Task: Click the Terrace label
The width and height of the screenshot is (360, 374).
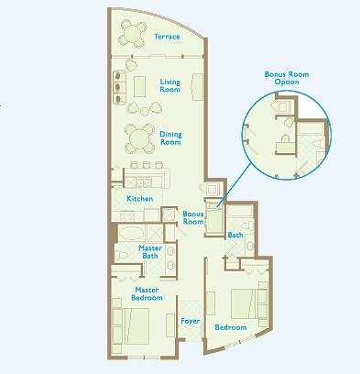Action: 167,37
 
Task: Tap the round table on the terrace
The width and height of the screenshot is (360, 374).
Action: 132,33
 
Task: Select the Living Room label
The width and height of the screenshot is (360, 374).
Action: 170,85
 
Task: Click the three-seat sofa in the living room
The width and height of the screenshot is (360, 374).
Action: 119,88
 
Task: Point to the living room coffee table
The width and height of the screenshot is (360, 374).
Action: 139,86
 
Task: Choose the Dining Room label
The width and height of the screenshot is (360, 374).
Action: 170,138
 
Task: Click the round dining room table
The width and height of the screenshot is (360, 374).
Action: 139,138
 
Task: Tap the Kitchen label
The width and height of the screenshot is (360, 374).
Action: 140,199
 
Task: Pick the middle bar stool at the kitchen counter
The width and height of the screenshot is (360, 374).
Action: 147,165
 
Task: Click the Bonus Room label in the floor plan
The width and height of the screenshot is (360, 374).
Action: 193,217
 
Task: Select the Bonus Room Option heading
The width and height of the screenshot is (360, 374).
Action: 287,78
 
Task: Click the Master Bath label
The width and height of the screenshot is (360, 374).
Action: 150,252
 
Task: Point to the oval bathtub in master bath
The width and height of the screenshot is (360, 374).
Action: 131,234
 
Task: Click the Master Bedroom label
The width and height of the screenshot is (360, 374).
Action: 147,293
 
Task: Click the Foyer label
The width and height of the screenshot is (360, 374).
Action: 191,321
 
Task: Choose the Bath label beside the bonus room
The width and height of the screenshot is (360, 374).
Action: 235,235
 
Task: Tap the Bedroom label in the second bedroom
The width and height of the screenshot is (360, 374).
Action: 231,327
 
